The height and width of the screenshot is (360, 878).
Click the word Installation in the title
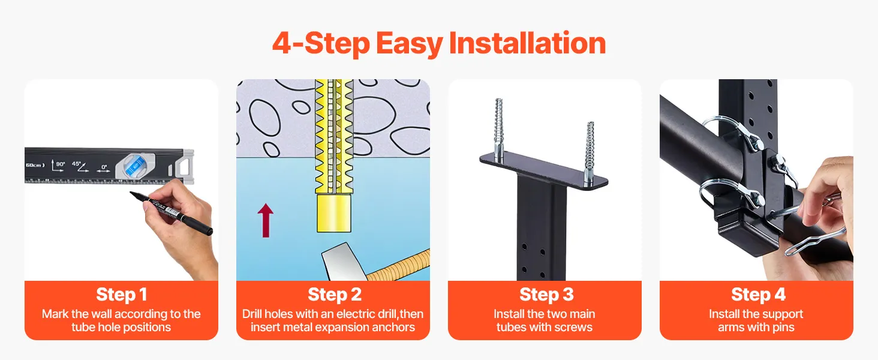pyautogui.click(x=527, y=43)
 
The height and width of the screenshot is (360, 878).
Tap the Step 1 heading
pyautogui.click(x=122, y=295)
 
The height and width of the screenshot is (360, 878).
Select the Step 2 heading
pyautogui.click(x=334, y=295)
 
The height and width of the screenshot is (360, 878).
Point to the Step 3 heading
pyautogui.click(x=546, y=295)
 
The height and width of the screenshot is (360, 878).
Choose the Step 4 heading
pyautogui.click(x=758, y=295)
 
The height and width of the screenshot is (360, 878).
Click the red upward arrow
pyautogui.click(x=265, y=220)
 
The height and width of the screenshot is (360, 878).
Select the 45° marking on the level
pyautogui.click(x=80, y=166)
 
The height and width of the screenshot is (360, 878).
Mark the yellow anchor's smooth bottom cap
pyautogui.click(x=333, y=213)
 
